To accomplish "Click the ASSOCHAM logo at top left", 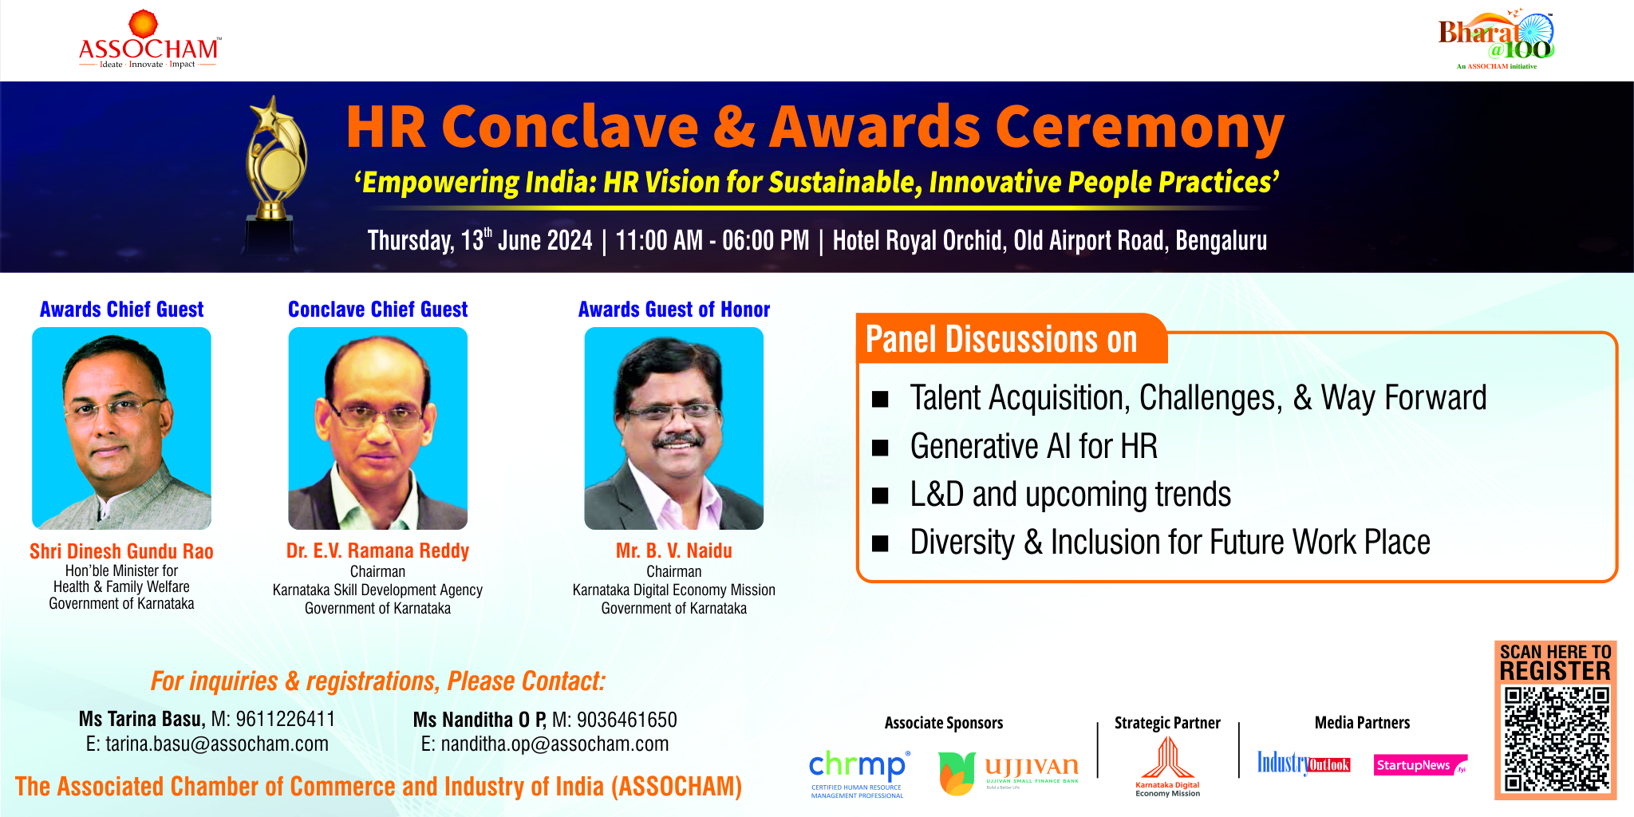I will coord(149,41).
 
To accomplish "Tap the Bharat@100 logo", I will coord(1497,41).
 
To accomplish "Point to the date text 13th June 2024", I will coord(527,241).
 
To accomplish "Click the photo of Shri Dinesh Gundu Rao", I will coord(121,428).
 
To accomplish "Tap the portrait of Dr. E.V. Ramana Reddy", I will coord(377,428).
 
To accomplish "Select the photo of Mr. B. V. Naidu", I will coord(673,428).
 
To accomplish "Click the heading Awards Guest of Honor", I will coord(673,310).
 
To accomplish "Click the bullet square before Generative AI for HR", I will coord(880,448).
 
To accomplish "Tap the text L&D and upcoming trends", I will coord(1070,495).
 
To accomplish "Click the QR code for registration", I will coord(1556,740).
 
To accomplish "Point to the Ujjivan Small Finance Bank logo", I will coord(1008,772).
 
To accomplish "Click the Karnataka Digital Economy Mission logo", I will coord(1167,766).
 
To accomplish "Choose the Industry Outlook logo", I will coord(1303,764).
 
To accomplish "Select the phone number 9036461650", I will coord(626,720).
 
